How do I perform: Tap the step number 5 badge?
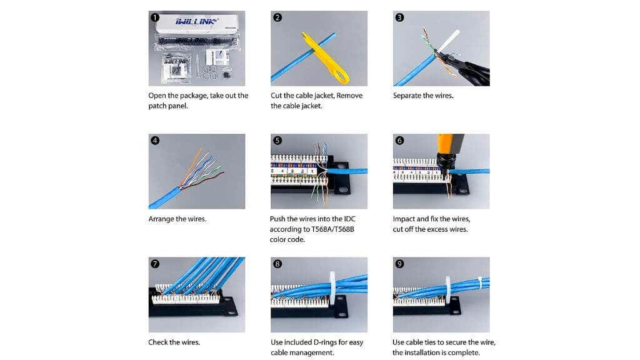tap(277, 141)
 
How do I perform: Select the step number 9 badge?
tap(400, 264)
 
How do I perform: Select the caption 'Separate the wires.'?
tap(422, 96)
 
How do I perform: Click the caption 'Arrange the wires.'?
tap(177, 219)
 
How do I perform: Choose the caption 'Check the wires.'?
tap(174, 342)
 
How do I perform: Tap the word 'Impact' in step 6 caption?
tap(407, 219)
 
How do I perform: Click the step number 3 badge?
tap(400, 17)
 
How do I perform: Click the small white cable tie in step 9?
tap(479, 282)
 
